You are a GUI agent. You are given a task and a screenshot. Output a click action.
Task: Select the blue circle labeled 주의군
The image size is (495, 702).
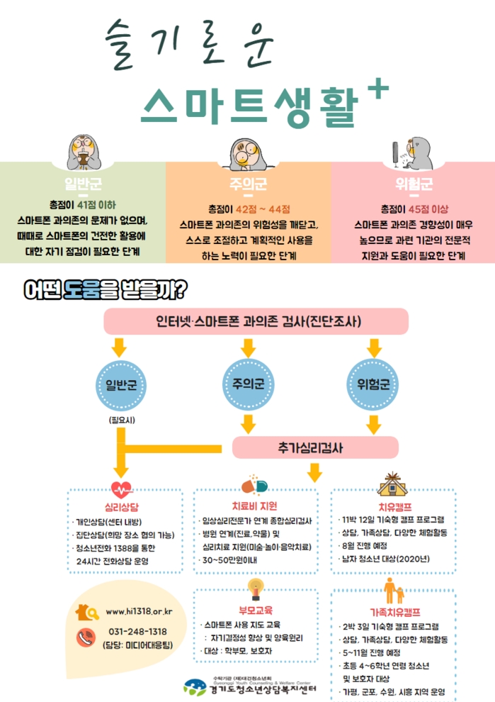pos(247,384)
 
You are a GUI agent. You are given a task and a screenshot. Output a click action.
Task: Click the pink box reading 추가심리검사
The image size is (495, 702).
pos(311,447)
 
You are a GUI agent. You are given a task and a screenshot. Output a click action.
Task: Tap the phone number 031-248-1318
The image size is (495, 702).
pos(138,632)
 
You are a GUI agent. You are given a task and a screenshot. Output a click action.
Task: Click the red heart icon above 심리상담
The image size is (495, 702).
pos(121,489)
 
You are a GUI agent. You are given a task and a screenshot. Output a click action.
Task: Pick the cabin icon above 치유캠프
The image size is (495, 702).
pos(395,484)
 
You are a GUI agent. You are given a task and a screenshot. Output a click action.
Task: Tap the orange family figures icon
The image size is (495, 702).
pos(394,591)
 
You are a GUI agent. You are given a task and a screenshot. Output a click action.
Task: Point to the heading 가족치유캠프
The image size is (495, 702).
pos(394,612)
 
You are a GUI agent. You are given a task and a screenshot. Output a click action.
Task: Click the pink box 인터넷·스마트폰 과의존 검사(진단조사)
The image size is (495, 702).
pos(256,322)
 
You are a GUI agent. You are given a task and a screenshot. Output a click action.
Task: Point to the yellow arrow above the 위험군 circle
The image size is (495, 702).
pos(373,348)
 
